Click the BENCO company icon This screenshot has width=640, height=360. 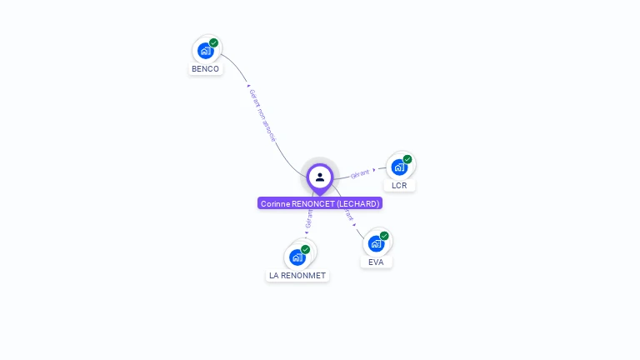pos(205,51)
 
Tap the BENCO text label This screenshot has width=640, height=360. pos(205,69)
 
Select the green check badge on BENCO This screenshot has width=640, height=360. pos(214,42)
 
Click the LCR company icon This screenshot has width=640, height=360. pos(399,167)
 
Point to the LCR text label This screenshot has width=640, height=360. pos(399,185)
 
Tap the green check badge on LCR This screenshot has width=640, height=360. pos(407,159)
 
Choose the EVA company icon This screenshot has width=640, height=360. pos(376,243)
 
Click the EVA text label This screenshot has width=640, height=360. pos(376,262)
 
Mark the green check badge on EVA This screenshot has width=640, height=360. pos(384,236)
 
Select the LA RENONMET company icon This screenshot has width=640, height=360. pos(297,257)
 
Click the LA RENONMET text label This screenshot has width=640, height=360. pos(297,275)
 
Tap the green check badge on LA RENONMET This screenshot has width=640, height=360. pos(306,249)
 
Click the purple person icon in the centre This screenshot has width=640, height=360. pos(320,177)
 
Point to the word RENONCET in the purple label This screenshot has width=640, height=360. pos(312,203)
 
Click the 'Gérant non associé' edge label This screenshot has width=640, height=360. pos(262,115)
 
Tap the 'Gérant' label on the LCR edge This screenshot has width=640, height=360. pos(360,173)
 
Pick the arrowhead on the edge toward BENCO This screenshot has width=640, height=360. pos(247,85)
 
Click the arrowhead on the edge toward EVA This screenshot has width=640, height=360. pos(355,225)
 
